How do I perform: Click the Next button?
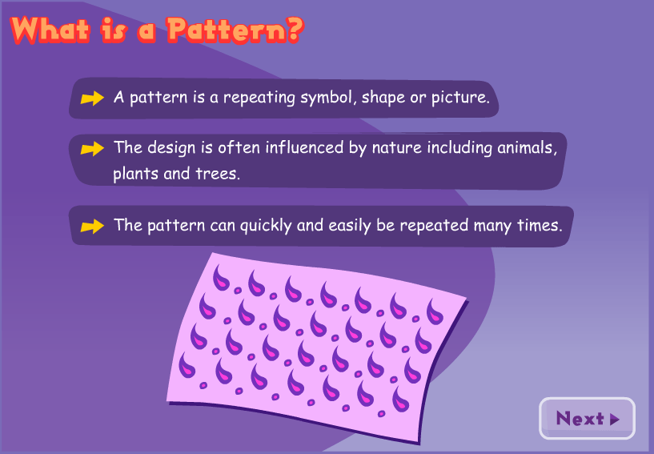click(587, 419)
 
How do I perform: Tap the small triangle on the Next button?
click(615, 419)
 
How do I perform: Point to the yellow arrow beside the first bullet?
click(93, 98)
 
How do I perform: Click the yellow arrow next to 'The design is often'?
click(93, 148)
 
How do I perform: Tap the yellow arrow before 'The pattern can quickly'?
click(93, 226)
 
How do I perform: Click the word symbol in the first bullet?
click(327, 98)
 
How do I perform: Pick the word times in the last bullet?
click(541, 225)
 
